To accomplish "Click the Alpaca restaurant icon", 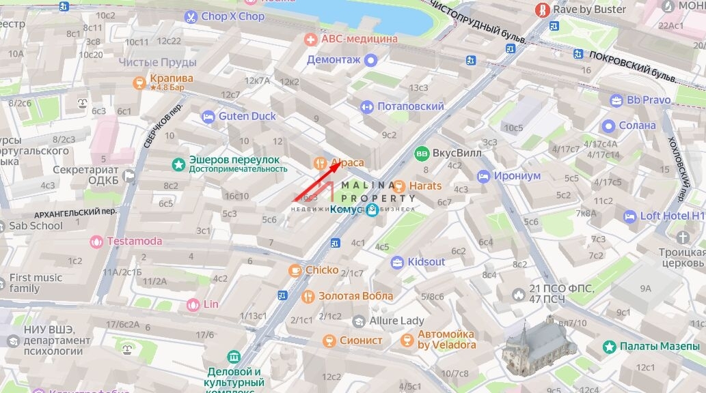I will (x=319, y=163).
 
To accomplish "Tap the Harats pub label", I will (x=425, y=186).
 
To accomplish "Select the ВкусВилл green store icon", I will (x=422, y=153).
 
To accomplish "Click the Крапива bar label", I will (x=172, y=78).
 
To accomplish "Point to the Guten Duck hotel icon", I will (x=208, y=117).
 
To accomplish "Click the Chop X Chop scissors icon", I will (x=191, y=16).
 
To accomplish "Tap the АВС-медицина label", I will (x=359, y=39).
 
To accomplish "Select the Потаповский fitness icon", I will (x=366, y=106).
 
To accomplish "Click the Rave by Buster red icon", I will (x=543, y=10).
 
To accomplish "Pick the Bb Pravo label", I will (x=649, y=100).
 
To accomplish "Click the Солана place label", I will (x=637, y=126).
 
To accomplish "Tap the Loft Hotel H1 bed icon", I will (x=629, y=216).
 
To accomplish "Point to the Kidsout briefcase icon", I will (x=397, y=262).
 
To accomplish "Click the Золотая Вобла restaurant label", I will (x=356, y=296).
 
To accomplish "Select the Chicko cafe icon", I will (x=295, y=270).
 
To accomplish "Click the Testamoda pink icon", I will (x=97, y=241).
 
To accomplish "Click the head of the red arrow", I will (x=336, y=166).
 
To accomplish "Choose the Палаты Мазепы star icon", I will (x=609, y=347).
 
